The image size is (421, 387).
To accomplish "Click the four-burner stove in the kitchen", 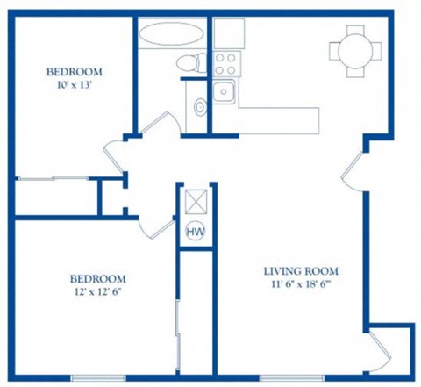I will [225, 62].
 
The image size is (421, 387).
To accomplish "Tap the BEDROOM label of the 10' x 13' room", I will [75, 71].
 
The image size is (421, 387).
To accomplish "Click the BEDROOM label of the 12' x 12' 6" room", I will [97, 278].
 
